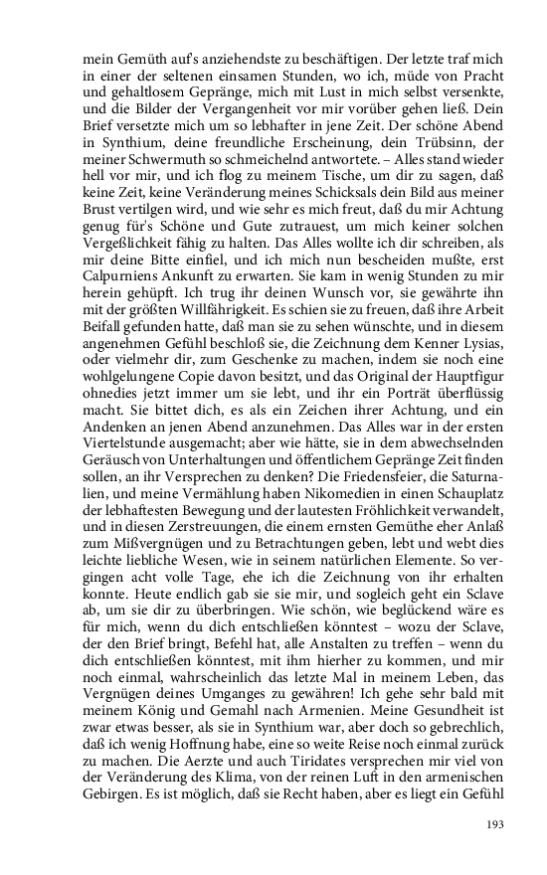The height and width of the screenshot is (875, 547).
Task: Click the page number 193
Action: coord(494,824)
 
